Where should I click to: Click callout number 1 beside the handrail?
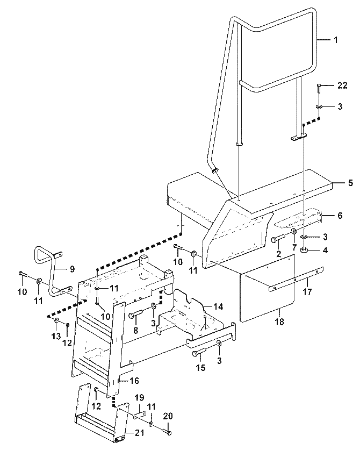[x=336, y=40]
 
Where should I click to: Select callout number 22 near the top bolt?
[x=342, y=85]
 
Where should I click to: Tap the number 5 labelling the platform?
[x=350, y=182]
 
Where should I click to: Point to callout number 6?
[x=340, y=215]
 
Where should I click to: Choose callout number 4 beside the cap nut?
[x=325, y=250]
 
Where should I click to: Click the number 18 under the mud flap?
[x=279, y=322]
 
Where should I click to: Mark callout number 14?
[x=218, y=306]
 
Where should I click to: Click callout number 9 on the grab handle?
[x=72, y=269]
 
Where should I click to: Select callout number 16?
[x=134, y=381]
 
